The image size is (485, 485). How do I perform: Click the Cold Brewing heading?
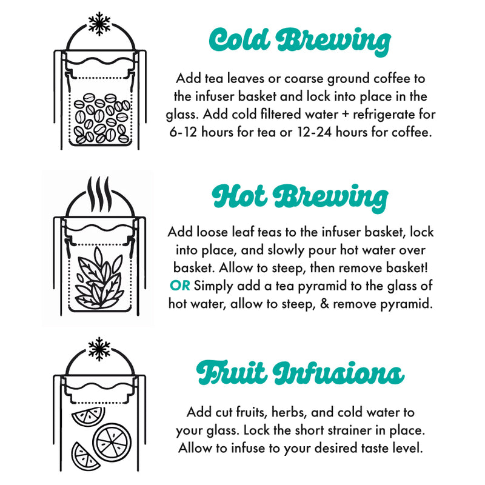(x=299, y=41)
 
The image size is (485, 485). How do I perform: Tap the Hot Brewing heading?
(x=299, y=198)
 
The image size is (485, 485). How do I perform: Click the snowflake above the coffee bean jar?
(x=99, y=24)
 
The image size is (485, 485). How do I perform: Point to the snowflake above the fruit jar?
(x=99, y=349)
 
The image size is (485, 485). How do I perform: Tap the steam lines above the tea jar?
(x=99, y=193)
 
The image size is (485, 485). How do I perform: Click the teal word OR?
(x=179, y=286)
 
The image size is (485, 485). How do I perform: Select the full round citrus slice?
(x=112, y=443)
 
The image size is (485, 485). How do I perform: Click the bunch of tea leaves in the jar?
(x=99, y=278)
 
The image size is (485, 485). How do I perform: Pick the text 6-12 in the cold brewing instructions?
(x=183, y=132)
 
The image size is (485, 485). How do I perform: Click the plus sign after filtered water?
(x=346, y=115)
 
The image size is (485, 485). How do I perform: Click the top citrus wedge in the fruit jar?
(x=89, y=416)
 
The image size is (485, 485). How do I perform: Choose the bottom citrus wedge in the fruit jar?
(x=84, y=457)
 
